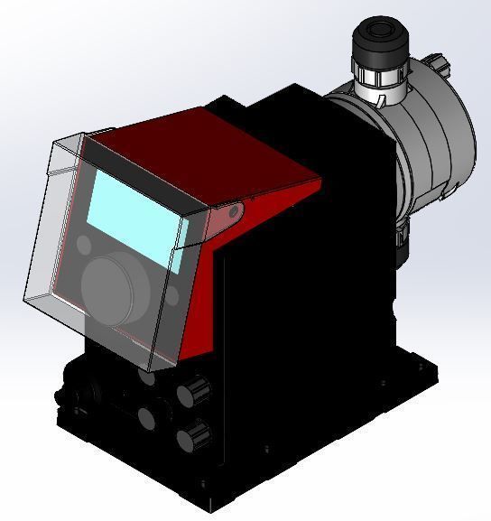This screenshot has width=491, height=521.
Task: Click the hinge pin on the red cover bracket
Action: [233, 211]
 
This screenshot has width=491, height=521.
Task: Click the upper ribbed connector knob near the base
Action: [190, 391]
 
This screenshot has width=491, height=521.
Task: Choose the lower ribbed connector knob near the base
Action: [190, 437]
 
